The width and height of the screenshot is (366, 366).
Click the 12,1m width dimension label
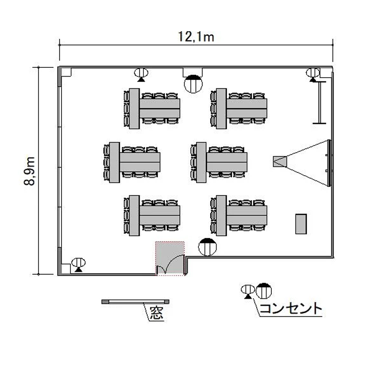(196, 37)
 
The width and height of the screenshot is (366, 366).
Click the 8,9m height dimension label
(30, 171)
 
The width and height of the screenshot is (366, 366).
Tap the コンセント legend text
(291, 308)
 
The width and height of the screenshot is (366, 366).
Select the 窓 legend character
(156, 312)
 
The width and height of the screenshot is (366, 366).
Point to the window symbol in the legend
(135, 302)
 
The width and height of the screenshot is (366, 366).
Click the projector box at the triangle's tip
(280, 162)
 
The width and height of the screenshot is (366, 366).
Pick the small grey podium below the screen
(301, 224)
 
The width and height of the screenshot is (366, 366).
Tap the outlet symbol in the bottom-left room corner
(79, 265)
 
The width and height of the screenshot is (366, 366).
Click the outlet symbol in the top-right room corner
(313, 75)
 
